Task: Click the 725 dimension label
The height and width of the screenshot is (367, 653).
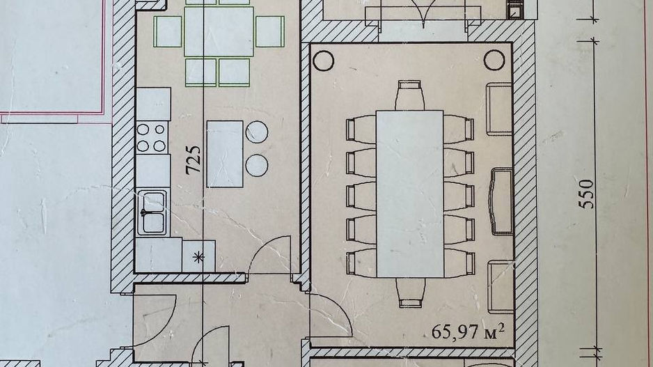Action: click(x=193, y=159)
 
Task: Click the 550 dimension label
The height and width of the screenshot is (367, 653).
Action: click(x=588, y=194)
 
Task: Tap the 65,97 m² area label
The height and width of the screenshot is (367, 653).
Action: click(x=468, y=331)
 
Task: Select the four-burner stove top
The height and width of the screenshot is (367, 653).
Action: click(x=151, y=137)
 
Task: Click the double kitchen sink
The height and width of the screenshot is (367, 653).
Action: click(x=153, y=212)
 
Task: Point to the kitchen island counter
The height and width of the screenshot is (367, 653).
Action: click(x=225, y=154)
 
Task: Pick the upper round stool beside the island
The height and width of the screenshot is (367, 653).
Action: click(x=256, y=132)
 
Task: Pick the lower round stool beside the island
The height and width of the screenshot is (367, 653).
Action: click(x=256, y=165)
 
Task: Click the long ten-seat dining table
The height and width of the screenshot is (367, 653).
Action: click(x=410, y=194)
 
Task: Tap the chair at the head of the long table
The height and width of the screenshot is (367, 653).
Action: click(x=410, y=95)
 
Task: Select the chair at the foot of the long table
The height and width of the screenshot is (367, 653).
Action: click(x=411, y=293)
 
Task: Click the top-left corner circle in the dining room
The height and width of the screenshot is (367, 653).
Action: click(x=324, y=61)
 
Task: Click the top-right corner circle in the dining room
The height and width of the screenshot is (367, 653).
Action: click(x=494, y=61)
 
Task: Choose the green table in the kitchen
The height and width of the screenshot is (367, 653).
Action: click(x=219, y=31)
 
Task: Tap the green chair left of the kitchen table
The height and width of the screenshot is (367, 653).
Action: click(x=168, y=31)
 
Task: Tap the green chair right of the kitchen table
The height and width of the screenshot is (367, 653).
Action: click(x=270, y=31)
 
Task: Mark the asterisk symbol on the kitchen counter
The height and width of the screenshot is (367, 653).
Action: click(x=199, y=257)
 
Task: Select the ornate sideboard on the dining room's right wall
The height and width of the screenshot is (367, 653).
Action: click(x=501, y=202)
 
